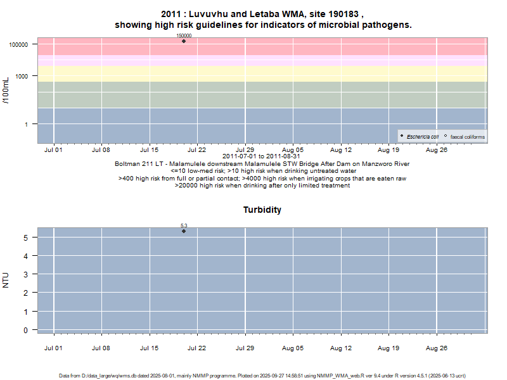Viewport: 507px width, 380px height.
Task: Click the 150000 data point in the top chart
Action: pyautogui.click(x=184, y=41)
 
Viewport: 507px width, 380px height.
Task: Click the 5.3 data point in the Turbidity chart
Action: pyautogui.click(x=184, y=231)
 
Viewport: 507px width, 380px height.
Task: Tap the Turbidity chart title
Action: pyautogui.click(x=262, y=210)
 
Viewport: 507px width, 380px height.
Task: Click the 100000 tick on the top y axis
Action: pyautogui.click(x=18, y=45)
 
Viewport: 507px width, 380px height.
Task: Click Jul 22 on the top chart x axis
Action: pyautogui.click(x=197, y=150)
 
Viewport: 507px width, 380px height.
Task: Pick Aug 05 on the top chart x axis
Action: pyautogui.click(x=293, y=150)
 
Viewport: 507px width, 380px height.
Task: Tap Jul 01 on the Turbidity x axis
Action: pyautogui.click(x=53, y=348)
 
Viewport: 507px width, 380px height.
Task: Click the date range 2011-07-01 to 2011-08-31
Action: pyautogui.click(x=262, y=156)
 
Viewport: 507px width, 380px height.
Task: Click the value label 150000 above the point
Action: pyautogui.click(x=184, y=35)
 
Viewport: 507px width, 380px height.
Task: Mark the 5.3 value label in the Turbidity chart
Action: pyautogui.click(x=184, y=225)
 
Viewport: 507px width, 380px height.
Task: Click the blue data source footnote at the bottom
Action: pyautogui.click(x=262, y=376)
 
